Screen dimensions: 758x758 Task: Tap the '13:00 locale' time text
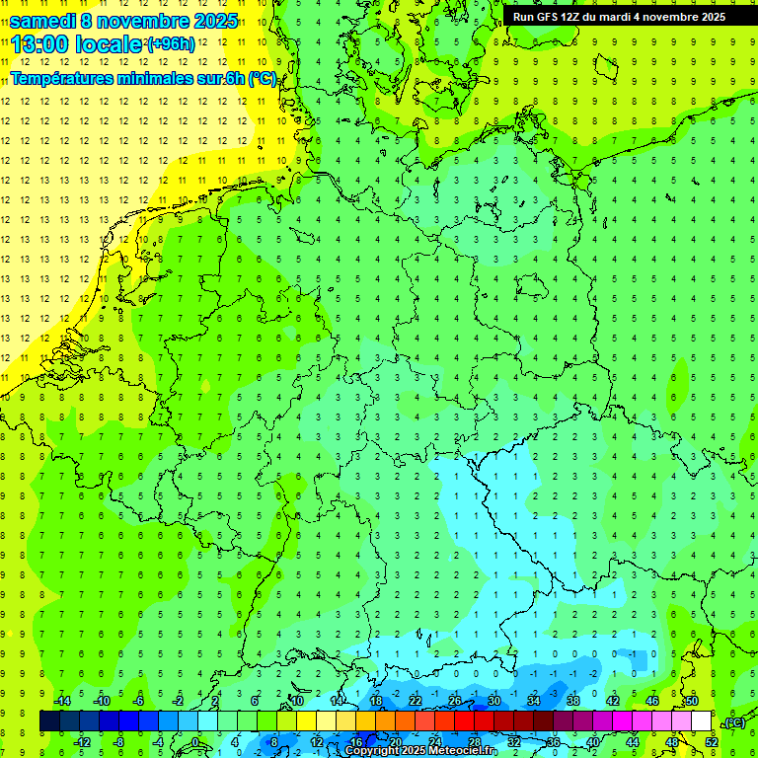click(77, 44)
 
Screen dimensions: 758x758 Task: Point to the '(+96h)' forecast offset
click(170, 44)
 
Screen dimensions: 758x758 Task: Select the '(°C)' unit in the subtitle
click(262, 79)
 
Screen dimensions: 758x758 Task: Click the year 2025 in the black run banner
click(708, 16)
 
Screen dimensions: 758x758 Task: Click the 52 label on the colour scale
click(712, 741)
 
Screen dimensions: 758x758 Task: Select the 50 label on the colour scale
click(692, 701)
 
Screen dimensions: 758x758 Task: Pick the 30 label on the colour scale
click(493, 701)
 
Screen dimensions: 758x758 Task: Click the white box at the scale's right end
click(702, 720)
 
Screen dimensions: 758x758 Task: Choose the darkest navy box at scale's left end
click(49, 720)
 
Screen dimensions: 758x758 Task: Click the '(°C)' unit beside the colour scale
click(734, 722)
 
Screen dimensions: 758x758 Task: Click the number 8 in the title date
click(88, 21)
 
